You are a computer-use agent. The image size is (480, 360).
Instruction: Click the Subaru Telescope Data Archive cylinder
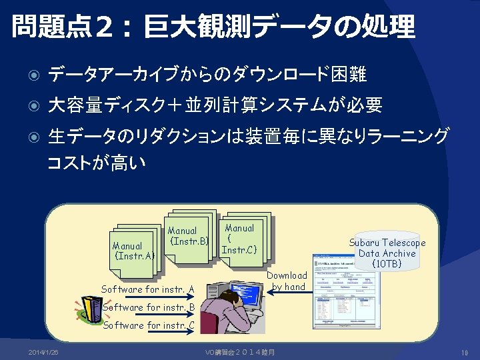[x=387, y=252]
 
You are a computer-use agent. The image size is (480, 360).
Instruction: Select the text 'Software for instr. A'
[x=147, y=289]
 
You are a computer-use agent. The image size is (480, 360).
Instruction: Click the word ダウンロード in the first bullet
[x=284, y=75]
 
